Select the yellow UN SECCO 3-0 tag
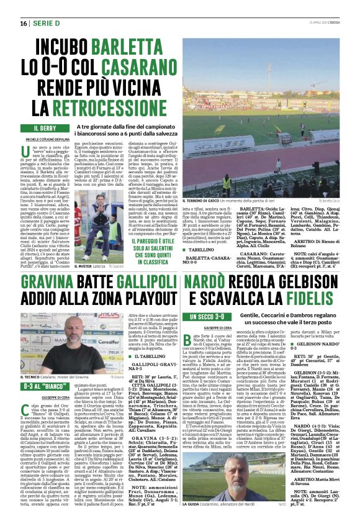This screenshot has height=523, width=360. click(205, 317)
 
